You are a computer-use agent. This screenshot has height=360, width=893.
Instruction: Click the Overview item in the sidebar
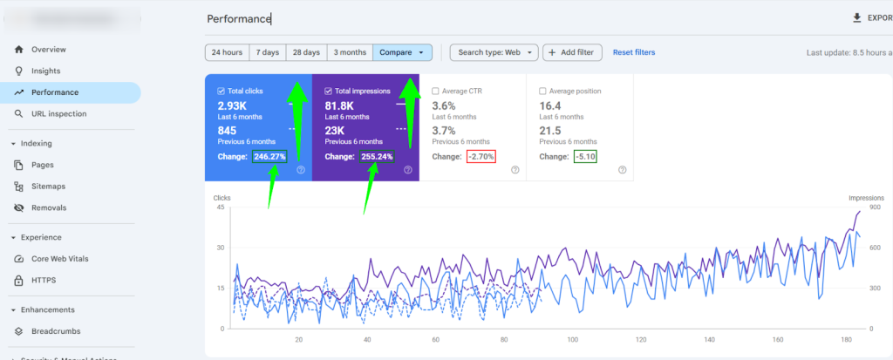pyautogui.click(x=48, y=50)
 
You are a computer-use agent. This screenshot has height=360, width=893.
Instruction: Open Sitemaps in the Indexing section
pyautogui.click(x=48, y=187)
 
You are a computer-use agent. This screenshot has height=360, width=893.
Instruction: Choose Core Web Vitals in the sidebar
pyautogui.click(x=59, y=259)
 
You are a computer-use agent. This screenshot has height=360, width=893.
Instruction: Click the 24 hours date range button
pyautogui.click(x=227, y=52)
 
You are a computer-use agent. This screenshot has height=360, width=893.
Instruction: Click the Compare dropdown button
pyautogui.click(x=402, y=52)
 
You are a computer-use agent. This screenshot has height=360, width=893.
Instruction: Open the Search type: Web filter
pyautogui.click(x=494, y=52)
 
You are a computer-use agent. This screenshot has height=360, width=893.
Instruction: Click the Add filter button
pyautogui.click(x=572, y=52)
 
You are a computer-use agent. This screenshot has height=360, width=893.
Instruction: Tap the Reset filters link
pyautogui.click(x=634, y=52)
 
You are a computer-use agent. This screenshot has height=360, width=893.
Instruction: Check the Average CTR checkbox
pyautogui.click(x=436, y=91)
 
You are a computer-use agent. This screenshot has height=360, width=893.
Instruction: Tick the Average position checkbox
pyautogui.click(x=543, y=91)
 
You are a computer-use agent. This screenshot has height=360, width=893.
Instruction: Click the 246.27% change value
pyautogui.click(x=269, y=157)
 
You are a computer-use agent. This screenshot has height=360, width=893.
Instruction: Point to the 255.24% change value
pyautogui.click(x=377, y=157)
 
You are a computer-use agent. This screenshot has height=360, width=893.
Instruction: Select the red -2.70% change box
pyautogui.click(x=481, y=157)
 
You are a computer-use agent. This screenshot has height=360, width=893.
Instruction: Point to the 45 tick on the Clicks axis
pyautogui.click(x=220, y=207)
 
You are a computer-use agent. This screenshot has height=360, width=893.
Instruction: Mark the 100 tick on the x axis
pyautogui.click(x=572, y=341)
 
